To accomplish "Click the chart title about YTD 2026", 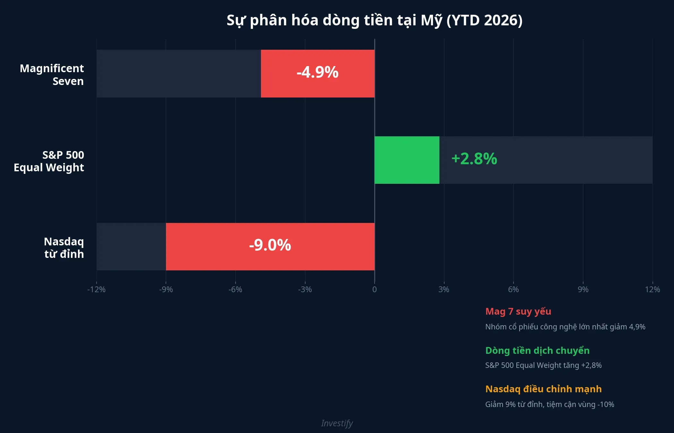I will coord(374,20).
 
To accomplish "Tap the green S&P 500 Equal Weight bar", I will coord(407,160).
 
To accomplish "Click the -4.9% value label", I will coord(317,72).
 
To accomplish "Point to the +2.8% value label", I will coord(474,159).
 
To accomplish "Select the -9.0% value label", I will coord(270,245).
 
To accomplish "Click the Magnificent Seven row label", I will coord(52,75).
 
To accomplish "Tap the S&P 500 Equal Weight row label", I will coord(49,161).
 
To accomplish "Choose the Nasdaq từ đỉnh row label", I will coord(64,248).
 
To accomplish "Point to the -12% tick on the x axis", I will coord(96,290).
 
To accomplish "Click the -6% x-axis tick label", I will coord(235,290).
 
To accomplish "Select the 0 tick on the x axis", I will coord(374,290).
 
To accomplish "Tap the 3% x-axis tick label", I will coord(444,290).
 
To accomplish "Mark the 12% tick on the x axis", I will coord(652,290).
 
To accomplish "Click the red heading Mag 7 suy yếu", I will coord(518,311).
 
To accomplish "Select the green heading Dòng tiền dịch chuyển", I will coord(537,351).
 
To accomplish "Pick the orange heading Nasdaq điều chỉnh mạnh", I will coord(543,389).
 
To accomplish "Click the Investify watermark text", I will coord(337,423).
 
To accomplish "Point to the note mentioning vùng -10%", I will coord(549,404).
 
